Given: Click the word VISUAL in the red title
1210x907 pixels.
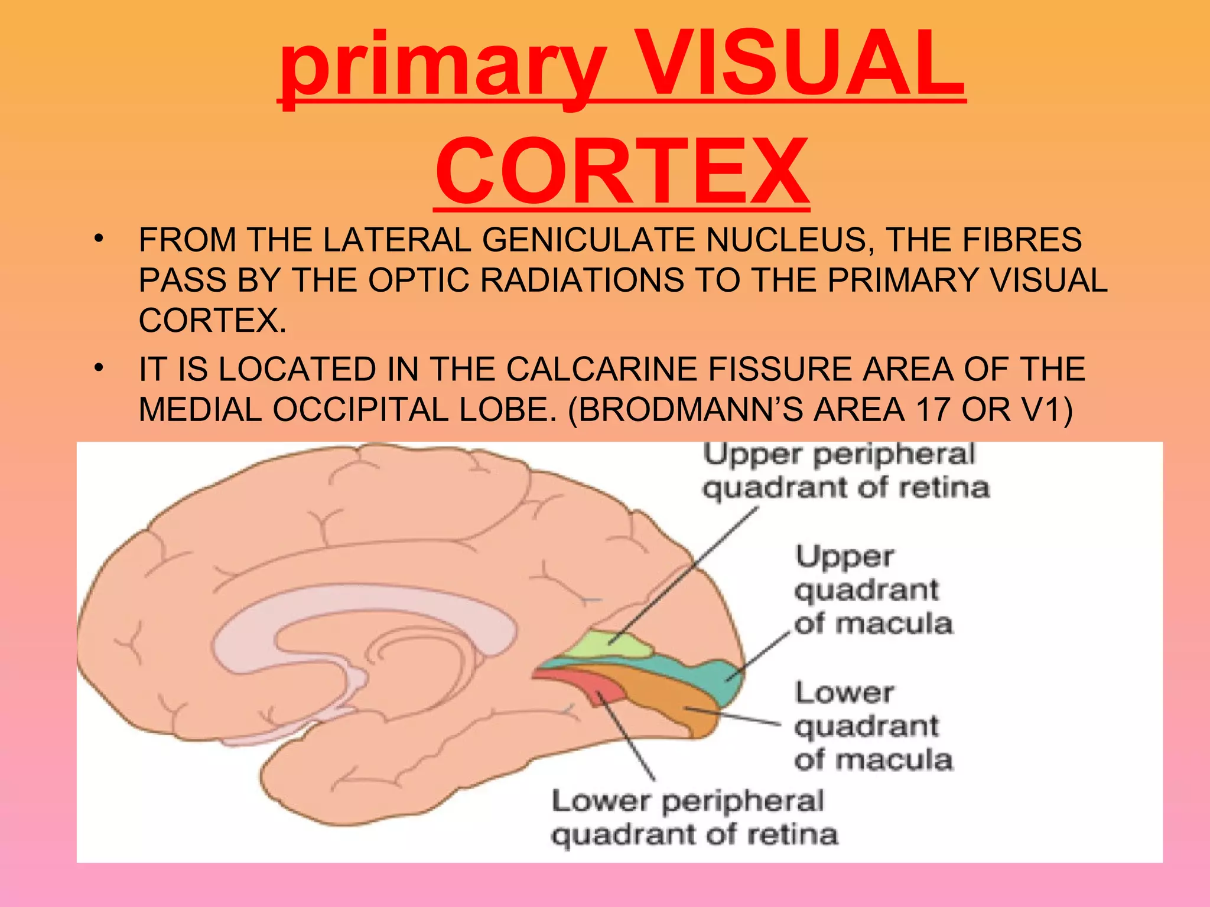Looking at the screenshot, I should click(801, 65).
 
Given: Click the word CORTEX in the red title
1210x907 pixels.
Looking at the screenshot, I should click(622, 171).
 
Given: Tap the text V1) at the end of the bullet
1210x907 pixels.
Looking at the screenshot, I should click(1046, 409).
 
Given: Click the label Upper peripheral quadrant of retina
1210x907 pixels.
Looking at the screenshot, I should click(845, 472).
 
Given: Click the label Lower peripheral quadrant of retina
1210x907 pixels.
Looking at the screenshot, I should click(694, 818).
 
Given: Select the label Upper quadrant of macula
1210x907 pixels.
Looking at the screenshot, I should click(873, 590).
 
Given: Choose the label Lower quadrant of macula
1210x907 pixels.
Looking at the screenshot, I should click(873, 726).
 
